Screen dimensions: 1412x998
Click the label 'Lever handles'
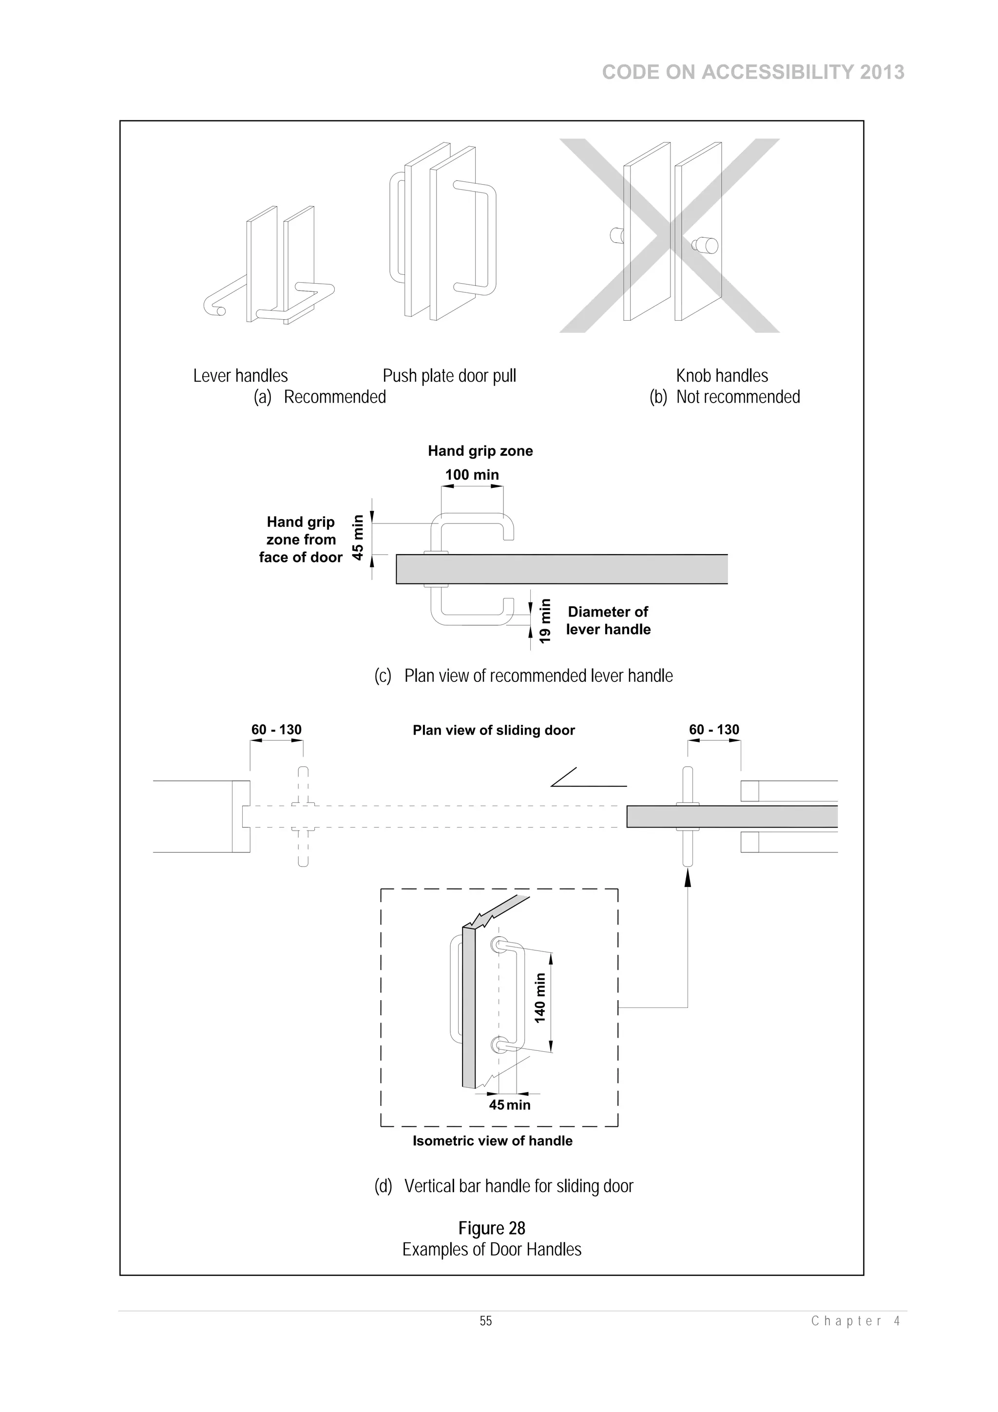pos(240,376)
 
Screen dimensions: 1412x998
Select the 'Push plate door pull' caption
pos(449,376)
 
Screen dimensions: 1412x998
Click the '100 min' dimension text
pos(472,475)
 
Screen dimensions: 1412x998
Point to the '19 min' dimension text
pos(545,621)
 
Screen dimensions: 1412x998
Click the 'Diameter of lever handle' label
pos(608,620)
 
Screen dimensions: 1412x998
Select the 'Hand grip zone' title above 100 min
pos(480,451)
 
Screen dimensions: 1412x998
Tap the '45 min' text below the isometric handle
pos(509,1104)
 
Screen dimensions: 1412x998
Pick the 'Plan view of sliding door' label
pos(493,730)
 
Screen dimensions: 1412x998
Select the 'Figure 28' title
pos(491,1228)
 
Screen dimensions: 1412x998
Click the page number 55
pos(486,1321)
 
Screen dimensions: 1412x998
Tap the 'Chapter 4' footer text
pos(855,1321)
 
